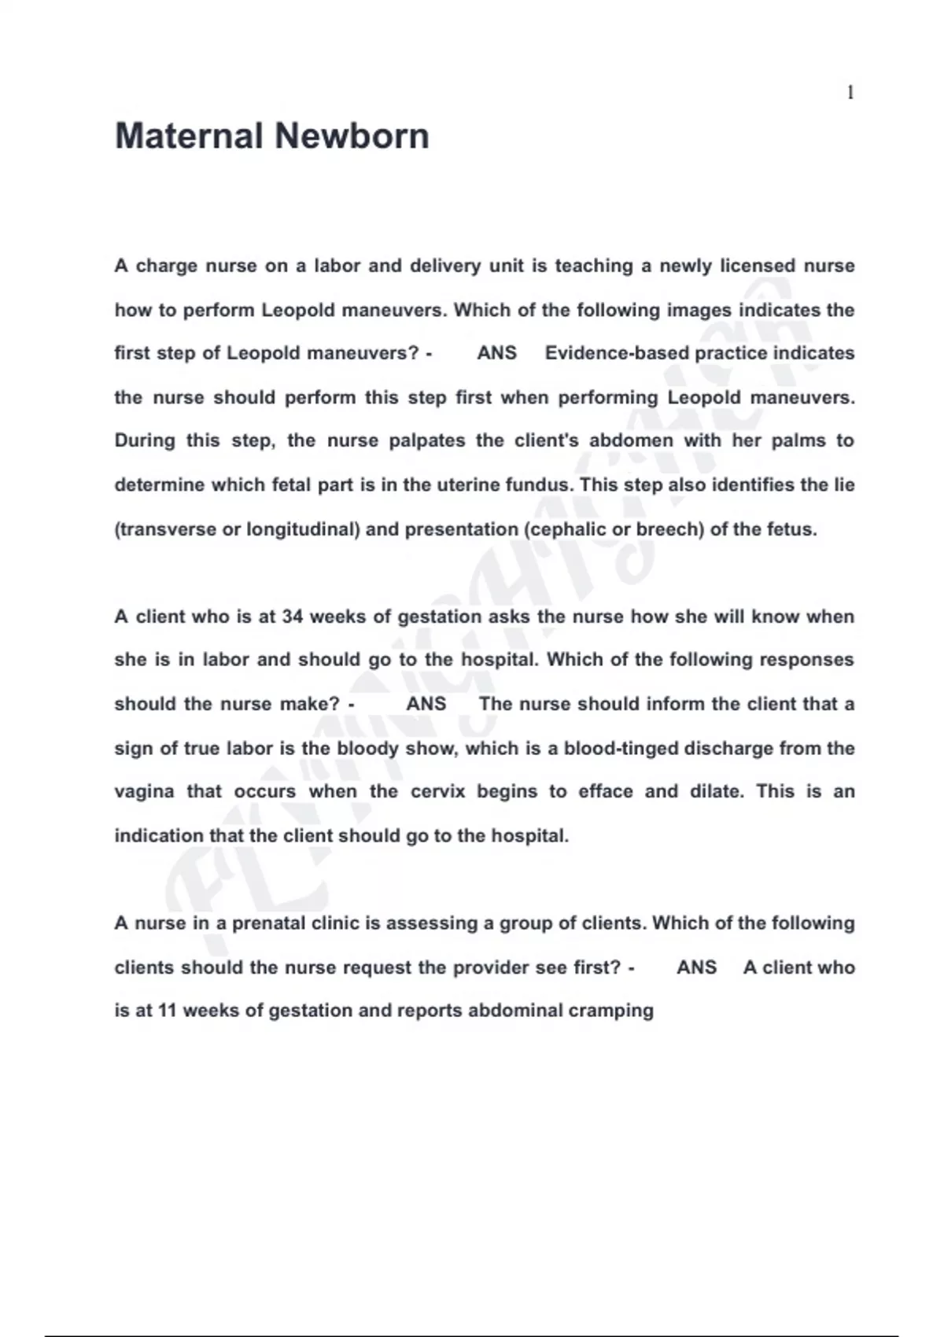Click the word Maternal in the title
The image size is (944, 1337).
(x=190, y=136)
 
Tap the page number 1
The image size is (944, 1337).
(x=850, y=93)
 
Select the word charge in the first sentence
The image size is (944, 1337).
(x=167, y=266)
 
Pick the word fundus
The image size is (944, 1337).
(x=538, y=484)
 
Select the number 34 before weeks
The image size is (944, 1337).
(x=292, y=617)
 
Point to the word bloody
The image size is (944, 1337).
(x=368, y=748)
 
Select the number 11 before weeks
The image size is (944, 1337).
(x=166, y=1011)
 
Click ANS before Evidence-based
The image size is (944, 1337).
(x=496, y=353)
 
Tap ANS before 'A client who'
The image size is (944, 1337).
(x=696, y=967)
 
